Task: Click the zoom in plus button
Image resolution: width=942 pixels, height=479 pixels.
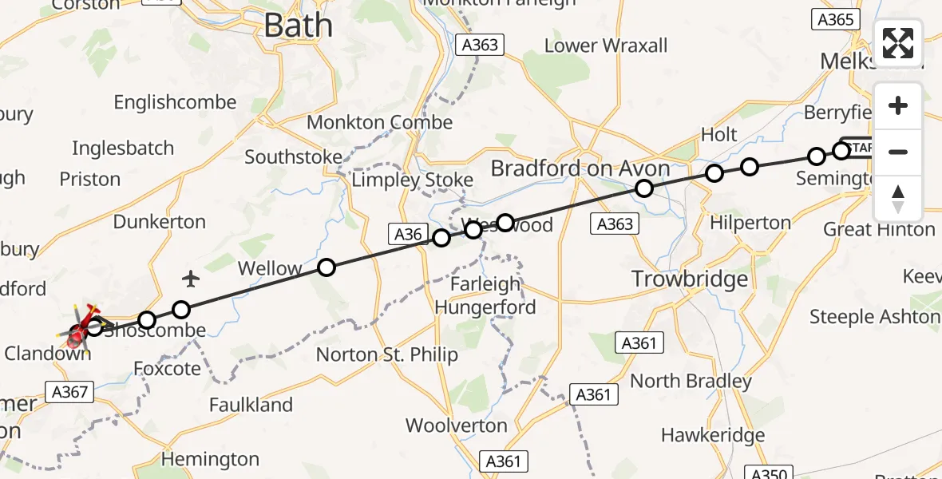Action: pyautogui.click(x=898, y=106)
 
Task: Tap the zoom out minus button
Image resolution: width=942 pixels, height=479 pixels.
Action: pyautogui.click(x=898, y=152)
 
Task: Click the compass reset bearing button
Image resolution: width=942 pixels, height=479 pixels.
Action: pyautogui.click(x=898, y=199)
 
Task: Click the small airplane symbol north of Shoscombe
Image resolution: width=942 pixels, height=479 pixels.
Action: pyautogui.click(x=190, y=279)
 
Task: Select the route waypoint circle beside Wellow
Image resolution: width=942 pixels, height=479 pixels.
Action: pyautogui.click(x=326, y=267)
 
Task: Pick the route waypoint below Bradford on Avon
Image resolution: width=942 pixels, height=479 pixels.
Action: pyautogui.click(x=643, y=188)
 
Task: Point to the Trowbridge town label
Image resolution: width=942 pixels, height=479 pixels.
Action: pyautogui.click(x=690, y=279)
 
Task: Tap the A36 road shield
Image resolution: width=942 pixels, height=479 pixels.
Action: pyautogui.click(x=407, y=234)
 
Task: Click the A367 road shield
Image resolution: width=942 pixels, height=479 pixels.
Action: pyautogui.click(x=71, y=391)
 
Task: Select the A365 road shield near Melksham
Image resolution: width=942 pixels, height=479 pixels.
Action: pyautogui.click(x=835, y=20)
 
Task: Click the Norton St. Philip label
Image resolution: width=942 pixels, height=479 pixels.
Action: pyautogui.click(x=387, y=354)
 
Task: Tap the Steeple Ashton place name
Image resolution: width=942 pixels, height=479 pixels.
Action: pyautogui.click(x=874, y=317)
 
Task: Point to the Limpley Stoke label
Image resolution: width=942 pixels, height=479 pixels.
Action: pyautogui.click(x=413, y=180)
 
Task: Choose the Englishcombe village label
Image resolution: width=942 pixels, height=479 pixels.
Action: pyautogui.click(x=175, y=102)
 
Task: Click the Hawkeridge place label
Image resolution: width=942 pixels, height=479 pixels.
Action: pyautogui.click(x=713, y=435)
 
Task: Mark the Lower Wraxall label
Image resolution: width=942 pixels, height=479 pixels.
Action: pyautogui.click(x=606, y=46)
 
